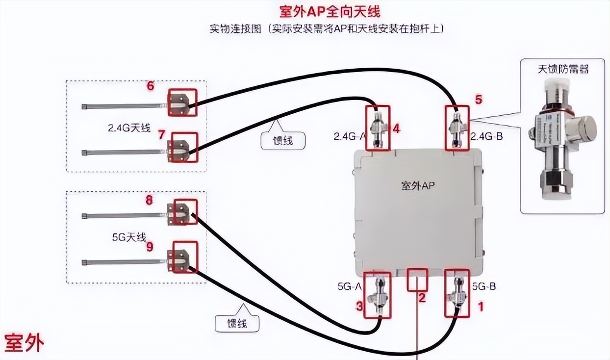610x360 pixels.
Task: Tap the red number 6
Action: pos(151,86)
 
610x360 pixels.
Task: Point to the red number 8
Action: pos(149,200)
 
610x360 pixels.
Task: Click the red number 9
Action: pos(150,246)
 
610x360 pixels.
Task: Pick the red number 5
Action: pos(478,100)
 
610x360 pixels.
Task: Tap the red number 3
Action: pos(359,307)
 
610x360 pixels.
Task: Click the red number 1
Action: pos(481,307)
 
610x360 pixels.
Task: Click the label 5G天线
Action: pos(129,237)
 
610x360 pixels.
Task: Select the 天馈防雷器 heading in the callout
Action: pos(562,69)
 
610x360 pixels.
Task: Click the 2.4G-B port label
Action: pos(486,136)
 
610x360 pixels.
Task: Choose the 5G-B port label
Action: pos(484,285)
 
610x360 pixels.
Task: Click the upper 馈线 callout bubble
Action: pos(283,140)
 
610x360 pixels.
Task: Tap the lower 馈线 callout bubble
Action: pos(237,323)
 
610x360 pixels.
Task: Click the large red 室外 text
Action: pos(25,343)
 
